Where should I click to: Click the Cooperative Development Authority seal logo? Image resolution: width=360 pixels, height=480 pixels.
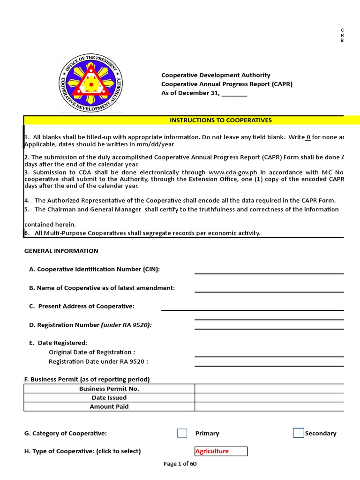point(90,82)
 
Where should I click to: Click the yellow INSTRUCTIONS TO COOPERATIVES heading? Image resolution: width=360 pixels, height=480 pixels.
point(220,120)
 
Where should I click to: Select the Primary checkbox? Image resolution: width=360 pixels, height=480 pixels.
point(182,433)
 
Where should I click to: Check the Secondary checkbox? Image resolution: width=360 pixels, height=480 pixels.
point(298,433)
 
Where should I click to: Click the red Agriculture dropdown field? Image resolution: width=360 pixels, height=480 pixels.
point(221,451)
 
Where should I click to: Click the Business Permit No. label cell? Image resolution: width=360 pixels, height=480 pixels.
point(109,389)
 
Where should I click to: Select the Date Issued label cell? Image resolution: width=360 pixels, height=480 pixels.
point(109,397)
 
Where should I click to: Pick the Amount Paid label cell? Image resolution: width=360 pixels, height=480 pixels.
point(109,406)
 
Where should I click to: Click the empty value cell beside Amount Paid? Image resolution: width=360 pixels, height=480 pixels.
point(269,406)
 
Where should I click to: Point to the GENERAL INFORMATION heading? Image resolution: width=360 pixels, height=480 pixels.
point(61,251)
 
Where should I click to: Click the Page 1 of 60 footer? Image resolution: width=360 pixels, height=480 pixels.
point(180,464)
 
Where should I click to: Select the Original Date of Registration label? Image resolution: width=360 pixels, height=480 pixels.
point(92,352)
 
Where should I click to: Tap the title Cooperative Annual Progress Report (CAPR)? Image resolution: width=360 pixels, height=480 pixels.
point(227,84)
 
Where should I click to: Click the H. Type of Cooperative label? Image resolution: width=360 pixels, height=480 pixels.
point(82,451)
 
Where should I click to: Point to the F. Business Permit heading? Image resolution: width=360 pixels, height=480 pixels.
point(87,379)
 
